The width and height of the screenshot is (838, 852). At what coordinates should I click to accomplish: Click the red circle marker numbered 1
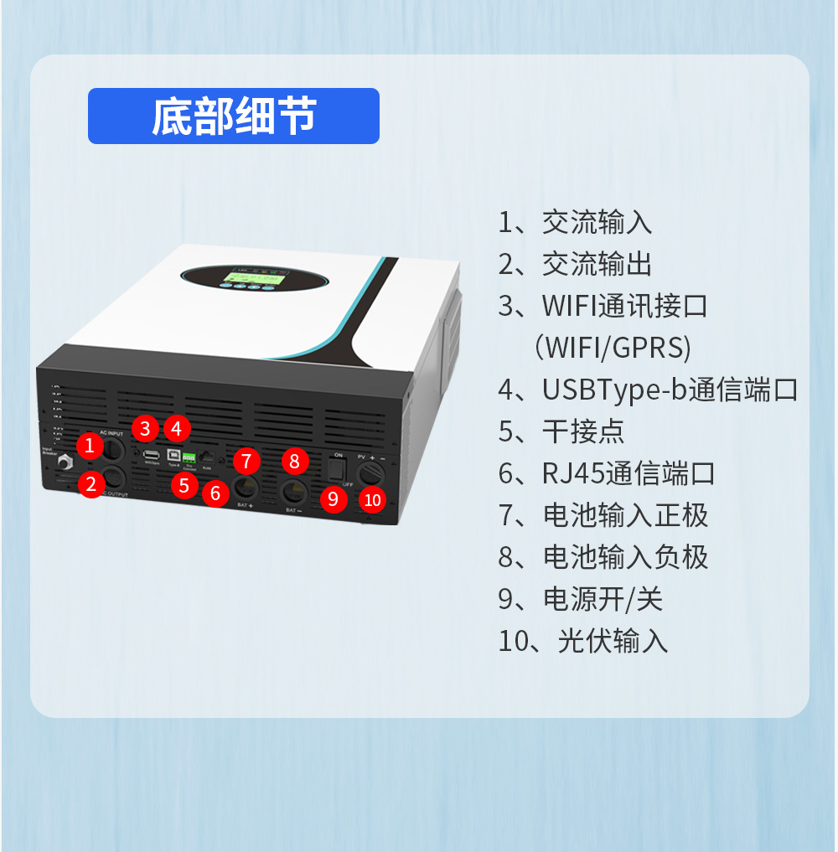point(89,446)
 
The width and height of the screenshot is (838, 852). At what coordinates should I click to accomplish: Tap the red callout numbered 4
point(176,429)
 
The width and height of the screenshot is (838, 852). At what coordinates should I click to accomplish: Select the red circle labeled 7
point(246,460)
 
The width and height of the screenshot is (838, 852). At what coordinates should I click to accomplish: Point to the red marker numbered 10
point(373,500)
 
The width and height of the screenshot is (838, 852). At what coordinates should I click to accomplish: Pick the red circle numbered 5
point(184,483)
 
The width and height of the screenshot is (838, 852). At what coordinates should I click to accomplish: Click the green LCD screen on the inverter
point(252,275)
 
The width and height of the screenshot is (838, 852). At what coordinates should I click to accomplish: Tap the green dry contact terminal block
point(189,457)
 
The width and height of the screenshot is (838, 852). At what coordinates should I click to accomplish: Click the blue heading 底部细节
point(234,116)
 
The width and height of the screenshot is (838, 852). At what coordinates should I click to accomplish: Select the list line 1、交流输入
point(575,223)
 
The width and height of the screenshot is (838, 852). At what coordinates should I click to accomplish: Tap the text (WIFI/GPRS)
point(612,348)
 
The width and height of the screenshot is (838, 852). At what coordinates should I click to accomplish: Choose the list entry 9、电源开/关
point(581,599)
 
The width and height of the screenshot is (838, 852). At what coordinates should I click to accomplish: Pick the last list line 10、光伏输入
point(583,641)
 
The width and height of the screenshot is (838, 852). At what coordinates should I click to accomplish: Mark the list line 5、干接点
point(561,431)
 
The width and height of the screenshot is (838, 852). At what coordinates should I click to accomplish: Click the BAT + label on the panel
point(245,505)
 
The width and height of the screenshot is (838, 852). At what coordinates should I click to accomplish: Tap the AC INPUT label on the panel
point(111,433)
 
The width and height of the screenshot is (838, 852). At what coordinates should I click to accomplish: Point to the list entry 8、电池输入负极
point(603,557)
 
